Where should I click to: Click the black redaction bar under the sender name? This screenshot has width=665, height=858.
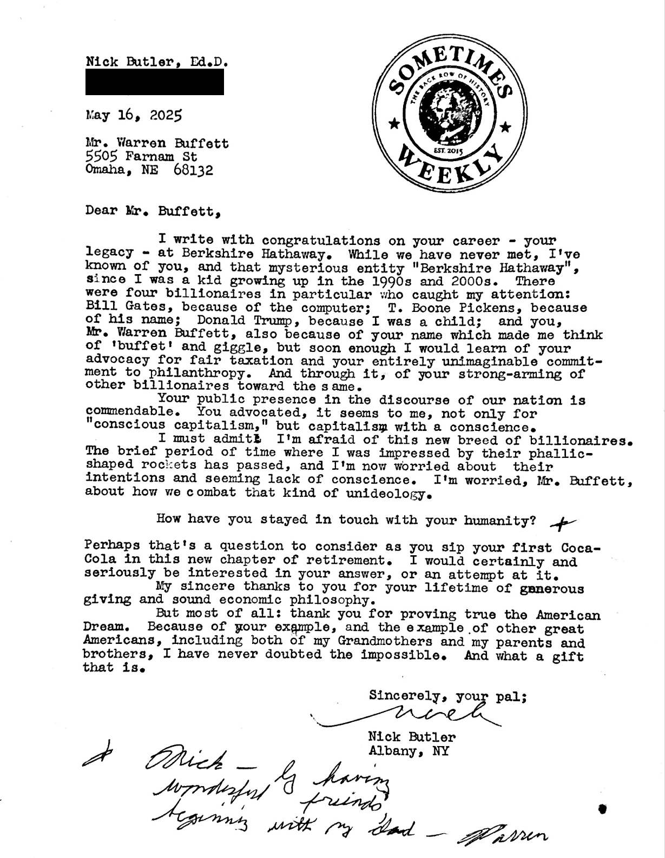[155, 85]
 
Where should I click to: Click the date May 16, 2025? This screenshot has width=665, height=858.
[134, 115]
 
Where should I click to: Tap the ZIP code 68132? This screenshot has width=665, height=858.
[194, 171]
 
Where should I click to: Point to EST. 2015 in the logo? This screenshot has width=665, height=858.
[449, 151]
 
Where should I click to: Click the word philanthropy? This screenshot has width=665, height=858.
[186, 374]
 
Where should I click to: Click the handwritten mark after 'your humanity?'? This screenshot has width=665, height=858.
[562, 522]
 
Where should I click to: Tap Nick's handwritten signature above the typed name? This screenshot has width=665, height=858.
[427, 717]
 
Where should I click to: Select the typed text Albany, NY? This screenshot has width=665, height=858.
[408, 751]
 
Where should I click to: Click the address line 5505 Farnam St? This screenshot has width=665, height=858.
[141, 157]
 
